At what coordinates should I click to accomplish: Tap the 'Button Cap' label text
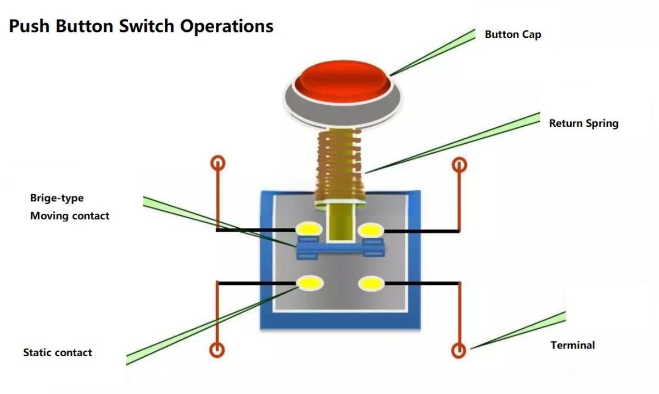(512, 35)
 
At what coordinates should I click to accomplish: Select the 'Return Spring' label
(583, 123)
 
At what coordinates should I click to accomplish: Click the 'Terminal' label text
(572, 345)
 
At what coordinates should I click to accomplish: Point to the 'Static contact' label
(57, 353)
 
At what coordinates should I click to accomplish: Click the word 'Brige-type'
(57, 198)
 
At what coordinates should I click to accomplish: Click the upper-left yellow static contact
(308, 229)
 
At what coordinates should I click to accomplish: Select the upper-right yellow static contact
(371, 229)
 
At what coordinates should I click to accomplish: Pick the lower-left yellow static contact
(310, 283)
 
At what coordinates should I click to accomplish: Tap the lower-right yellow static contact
(371, 283)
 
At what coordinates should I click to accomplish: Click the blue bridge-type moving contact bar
(340, 250)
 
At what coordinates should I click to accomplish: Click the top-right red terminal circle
(459, 164)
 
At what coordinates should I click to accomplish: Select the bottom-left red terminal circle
(217, 350)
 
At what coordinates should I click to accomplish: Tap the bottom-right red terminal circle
(459, 350)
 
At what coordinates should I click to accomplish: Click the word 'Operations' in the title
(227, 26)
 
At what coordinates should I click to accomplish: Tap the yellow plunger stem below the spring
(340, 222)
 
